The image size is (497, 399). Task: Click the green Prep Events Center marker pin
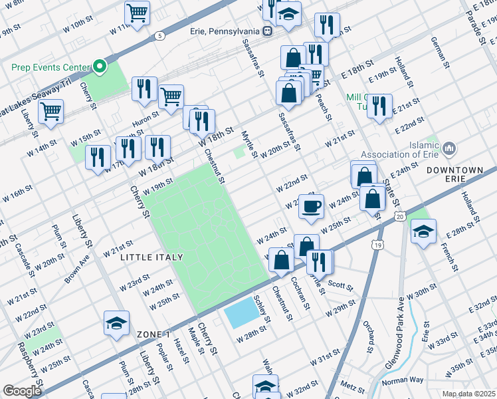[100, 66]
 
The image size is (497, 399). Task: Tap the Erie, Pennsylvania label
[225, 31]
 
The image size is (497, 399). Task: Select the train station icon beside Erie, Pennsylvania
[266, 31]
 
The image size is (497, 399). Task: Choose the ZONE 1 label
[153, 334]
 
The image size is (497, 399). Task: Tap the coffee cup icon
[310, 205]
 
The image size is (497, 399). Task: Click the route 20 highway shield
[399, 217]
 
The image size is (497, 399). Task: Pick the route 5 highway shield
[160, 35]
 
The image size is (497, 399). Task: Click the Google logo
[22, 391]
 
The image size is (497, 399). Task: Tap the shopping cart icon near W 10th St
[137, 12]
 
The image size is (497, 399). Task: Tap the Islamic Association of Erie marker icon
[450, 147]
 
